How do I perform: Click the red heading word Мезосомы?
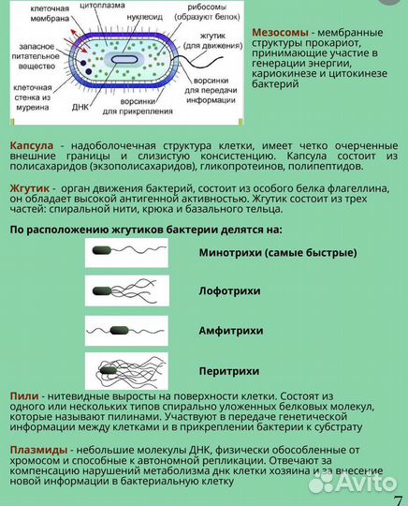coord(280,32)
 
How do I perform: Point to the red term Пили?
coord(23,397)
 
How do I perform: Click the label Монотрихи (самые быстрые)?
coord(277,253)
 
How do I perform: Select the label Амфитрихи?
coord(231,331)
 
